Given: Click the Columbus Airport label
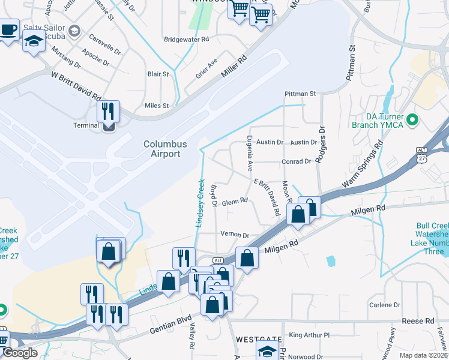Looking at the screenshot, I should point(165,149).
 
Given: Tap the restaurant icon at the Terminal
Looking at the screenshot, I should point(109,111).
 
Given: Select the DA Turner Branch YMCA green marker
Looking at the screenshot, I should point(412,121).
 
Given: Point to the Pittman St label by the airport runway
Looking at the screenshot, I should point(300,94).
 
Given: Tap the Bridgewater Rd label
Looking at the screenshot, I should point(186,39).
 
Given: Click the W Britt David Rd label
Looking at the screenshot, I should point(76,86).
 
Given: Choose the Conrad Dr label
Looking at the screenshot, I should point(297,161).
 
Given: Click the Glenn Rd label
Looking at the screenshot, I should point(235,203).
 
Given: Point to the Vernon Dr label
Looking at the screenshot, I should point(234,235).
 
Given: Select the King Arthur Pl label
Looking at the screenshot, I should point(309,335).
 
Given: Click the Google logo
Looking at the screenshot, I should point(20,353).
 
